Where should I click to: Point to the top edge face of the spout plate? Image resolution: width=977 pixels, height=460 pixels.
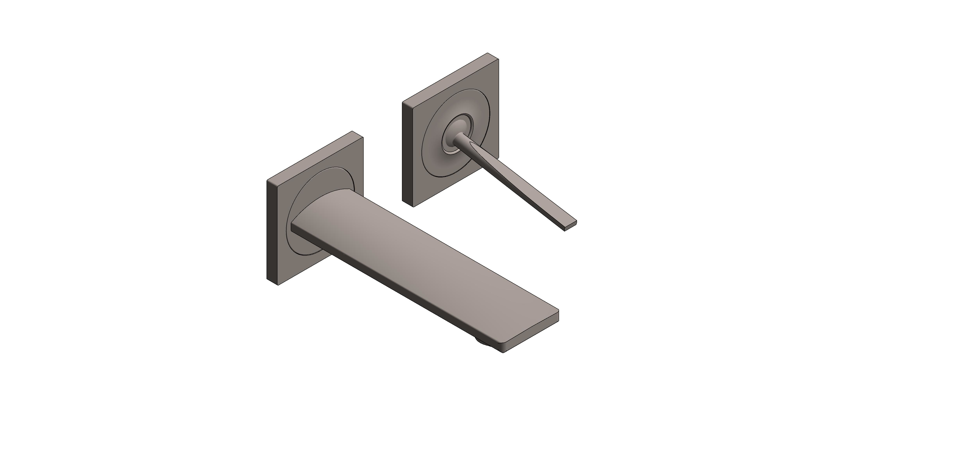coord(315,155)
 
